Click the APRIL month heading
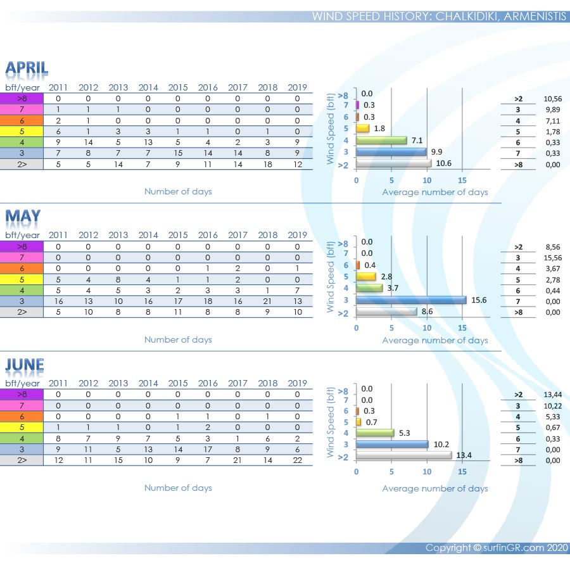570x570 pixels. (27, 68)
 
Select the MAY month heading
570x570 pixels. (23, 217)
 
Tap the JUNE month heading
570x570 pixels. (25, 365)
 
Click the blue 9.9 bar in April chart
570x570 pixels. (391, 152)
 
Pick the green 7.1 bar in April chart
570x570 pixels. (381, 140)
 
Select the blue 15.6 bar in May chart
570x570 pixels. (411, 300)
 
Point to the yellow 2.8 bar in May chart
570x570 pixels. (366, 276)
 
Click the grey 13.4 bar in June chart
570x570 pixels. (403, 455)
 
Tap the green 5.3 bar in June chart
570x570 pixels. (375, 433)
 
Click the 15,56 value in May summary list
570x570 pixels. (553, 258)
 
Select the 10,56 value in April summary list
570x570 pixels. (553, 98)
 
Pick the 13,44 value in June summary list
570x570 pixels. (553, 395)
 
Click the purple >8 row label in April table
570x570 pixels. (22, 98)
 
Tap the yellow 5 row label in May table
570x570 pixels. (22, 279)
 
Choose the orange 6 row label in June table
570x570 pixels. (22, 416)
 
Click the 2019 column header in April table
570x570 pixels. (297, 87)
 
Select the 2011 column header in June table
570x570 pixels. (58, 383)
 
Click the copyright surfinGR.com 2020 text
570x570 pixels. (497, 548)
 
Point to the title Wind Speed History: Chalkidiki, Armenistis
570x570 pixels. (439, 16)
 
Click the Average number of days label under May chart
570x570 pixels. (435, 340)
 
